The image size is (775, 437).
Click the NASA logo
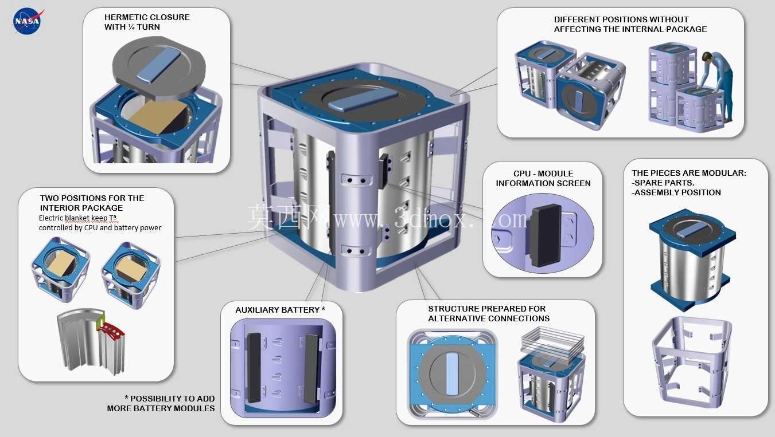(28, 21)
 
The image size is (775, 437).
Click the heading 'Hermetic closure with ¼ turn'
(147, 22)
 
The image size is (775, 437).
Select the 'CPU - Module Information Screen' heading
(543, 178)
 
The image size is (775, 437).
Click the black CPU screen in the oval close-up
(545, 235)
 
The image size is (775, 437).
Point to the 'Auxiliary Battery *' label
(281, 310)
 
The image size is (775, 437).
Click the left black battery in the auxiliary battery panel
(254, 368)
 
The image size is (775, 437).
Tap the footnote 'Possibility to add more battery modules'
(161, 403)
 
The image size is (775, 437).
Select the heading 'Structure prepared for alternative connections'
(489, 313)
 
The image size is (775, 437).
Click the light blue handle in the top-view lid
(453, 374)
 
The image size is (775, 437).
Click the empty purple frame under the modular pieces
(691, 361)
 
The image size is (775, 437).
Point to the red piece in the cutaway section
(111, 330)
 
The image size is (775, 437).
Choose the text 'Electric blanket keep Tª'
(77, 218)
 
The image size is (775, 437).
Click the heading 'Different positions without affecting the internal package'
(630, 24)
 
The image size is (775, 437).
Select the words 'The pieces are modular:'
(689, 173)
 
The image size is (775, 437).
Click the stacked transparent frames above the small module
(553, 344)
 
